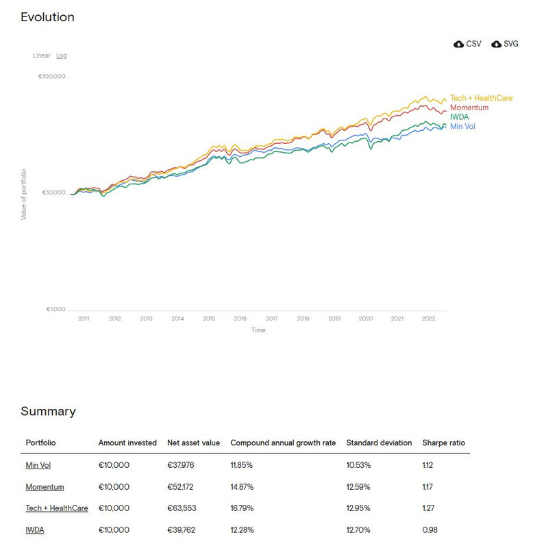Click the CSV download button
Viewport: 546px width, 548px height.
[x=467, y=44]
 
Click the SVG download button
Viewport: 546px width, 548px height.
[x=505, y=44]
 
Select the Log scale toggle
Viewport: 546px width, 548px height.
[x=62, y=55]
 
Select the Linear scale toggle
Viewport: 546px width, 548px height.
[x=42, y=55]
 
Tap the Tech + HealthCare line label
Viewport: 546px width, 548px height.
[x=481, y=98]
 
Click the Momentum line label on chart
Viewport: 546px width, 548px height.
[x=469, y=108]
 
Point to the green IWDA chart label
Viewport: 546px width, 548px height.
[x=460, y=117]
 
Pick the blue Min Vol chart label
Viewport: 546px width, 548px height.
[x=462, y=127]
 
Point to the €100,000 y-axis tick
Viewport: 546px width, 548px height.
[x=52, y=77]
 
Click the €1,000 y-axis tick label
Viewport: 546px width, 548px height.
[x=55, y=310]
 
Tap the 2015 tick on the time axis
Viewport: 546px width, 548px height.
[x=209, y=319]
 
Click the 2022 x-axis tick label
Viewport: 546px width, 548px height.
[x=428, y=319]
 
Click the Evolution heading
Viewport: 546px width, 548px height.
[x=47, y=17]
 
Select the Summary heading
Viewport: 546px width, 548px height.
[x=48, y=412]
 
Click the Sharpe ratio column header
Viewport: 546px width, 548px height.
[x=443, y=443]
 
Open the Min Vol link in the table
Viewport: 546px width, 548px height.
[x=38, y=465]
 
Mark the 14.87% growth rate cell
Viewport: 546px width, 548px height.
[x=242, y=487]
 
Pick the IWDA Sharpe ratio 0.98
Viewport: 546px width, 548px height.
[x=430, y=530]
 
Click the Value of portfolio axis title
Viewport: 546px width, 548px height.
[x=24, y=194]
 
